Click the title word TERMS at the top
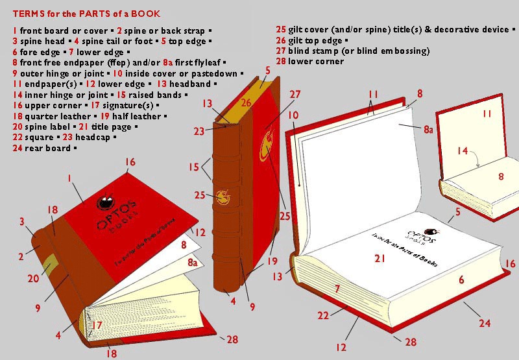coord(28,14)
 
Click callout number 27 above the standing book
coord(295,95)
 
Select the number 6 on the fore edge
coord(461,280)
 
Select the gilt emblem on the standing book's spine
coord(223,195)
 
